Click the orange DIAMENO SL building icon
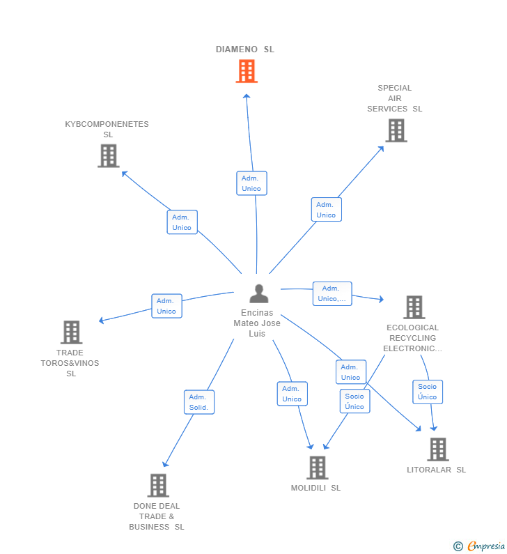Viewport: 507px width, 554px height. tap(247, 71)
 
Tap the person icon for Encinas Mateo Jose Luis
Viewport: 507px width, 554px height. tap(259, 293)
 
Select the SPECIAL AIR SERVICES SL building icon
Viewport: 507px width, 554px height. tap(396, 130)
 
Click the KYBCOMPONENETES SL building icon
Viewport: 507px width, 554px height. tap(109, 156)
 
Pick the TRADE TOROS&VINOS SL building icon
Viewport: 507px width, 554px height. tap(71, 332)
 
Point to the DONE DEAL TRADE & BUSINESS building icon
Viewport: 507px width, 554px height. tap(158, 486)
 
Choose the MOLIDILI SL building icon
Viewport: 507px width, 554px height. tap(317, 468)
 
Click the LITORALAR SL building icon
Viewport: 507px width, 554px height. tap(438, 449)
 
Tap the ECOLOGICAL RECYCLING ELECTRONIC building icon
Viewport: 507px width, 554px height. tap(414, 307)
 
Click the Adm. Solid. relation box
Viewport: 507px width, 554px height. tap(199, 402)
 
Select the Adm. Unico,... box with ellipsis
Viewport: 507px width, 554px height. tap(332, 293)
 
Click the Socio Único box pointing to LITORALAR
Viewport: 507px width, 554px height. tap(428, 392)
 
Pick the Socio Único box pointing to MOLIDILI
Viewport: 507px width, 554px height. tap(354, 401)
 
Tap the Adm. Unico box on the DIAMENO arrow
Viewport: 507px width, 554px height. tap(251, 183)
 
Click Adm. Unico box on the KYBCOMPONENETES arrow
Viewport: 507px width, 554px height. tap(182, 222)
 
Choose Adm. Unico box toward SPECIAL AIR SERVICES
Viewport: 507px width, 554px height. tap(327, 210)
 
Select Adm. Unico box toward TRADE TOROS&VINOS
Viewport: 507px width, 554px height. tap(166, 306)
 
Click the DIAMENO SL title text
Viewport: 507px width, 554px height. tap(245, 49)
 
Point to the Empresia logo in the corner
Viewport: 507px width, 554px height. tap(479, 546)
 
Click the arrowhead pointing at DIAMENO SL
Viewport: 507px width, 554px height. tap(247, 96)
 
